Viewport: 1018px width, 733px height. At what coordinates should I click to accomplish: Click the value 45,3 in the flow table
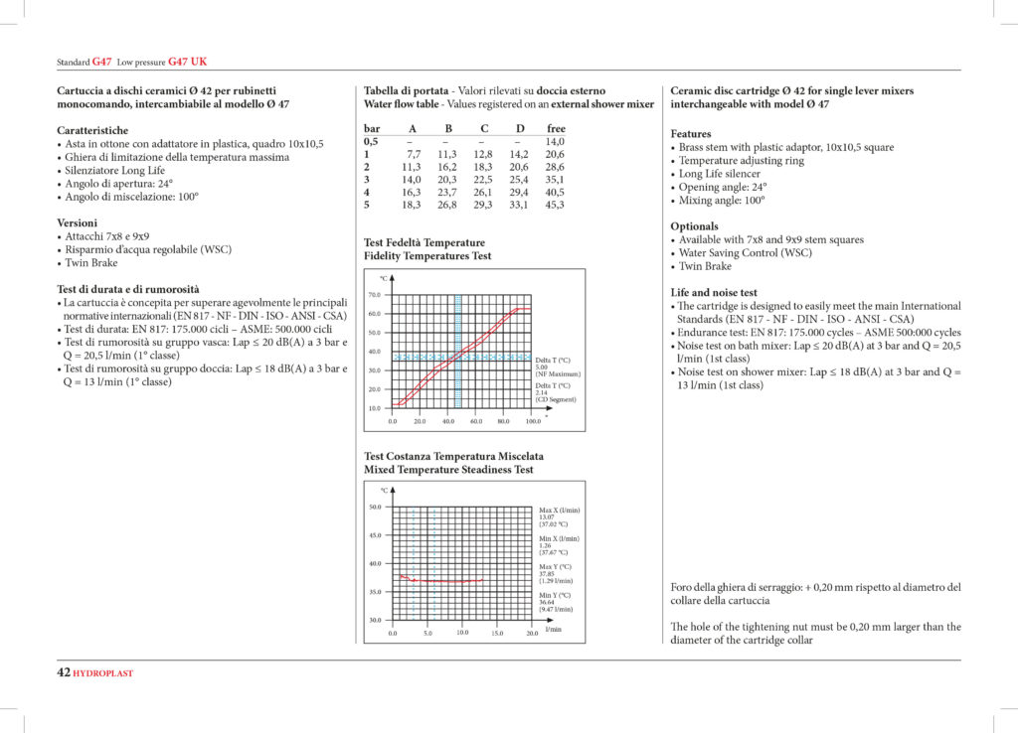click(555, 205)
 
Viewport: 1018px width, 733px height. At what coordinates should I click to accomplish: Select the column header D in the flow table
click(520, 128)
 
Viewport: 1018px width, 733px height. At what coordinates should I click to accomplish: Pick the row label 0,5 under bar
click(371, 141)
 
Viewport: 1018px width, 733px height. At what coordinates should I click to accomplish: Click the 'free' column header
click(556, 128)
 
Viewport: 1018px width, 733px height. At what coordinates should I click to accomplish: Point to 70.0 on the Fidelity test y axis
click(374, 295)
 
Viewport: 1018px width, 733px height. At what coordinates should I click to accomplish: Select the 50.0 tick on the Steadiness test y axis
click(375, 507)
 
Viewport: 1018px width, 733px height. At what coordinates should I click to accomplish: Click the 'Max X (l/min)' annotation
click(559, 510)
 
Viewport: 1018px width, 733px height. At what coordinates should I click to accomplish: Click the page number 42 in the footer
click(63, 672)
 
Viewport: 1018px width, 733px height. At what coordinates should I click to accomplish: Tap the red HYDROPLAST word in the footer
click(103, 673)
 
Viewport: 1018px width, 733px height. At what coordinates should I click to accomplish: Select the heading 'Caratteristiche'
click(92, 130)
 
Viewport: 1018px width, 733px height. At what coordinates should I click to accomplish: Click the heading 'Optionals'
click(694, 226)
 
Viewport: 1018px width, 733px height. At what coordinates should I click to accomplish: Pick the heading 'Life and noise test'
click(714, 293)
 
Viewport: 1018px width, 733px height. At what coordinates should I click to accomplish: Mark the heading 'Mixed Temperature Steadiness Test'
click(448, 470)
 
